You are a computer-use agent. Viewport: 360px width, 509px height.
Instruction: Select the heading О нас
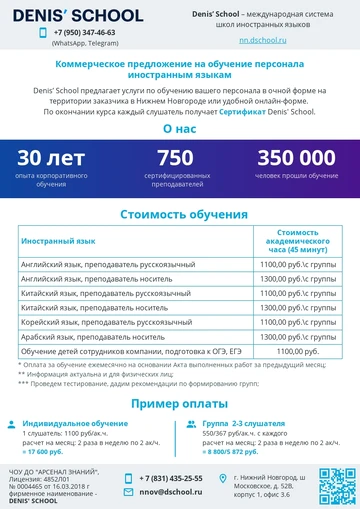pos(180,130)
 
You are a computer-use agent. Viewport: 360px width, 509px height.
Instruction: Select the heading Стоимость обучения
pos(180,214)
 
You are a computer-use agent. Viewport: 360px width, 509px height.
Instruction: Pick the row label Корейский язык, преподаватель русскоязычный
pos(100,323)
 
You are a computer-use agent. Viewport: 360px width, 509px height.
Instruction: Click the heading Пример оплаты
pos(180,402)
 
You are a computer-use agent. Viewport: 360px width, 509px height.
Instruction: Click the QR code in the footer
pos(336,486)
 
